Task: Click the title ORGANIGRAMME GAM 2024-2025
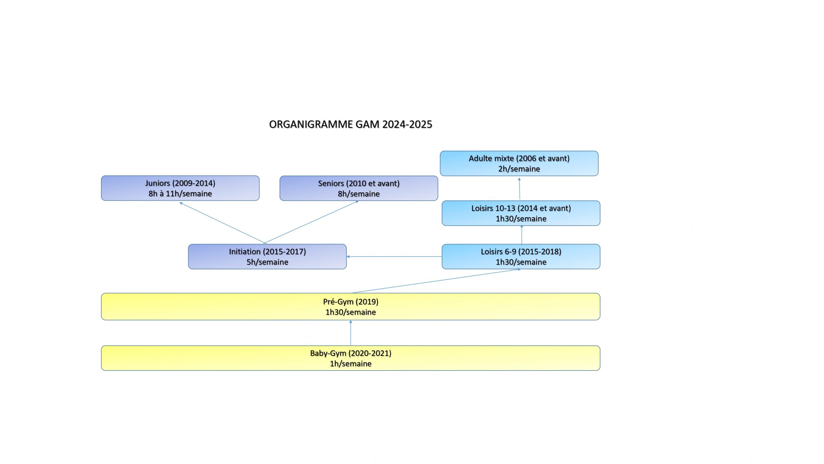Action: tap(351, 124)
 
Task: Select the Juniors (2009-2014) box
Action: tap(180, 188)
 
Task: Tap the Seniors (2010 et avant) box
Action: tap(359, 188)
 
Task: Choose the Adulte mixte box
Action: tap(519, 163)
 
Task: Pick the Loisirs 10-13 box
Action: tap(521, 213)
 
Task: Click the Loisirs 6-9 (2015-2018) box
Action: tap(521, 256)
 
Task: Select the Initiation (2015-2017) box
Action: tap(267, 256)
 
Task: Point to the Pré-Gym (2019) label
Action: tap(351, 302)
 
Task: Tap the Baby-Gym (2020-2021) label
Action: tap(351, 353)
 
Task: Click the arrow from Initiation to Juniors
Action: tap(222, 223)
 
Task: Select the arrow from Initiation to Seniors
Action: tap(312, 222)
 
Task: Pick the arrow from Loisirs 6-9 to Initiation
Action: tap(394, 256)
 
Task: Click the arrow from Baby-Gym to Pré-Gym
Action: tap(351, 333)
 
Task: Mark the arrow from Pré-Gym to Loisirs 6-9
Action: tap(436, 281)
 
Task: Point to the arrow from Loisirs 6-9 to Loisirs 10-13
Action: tap(522, 235)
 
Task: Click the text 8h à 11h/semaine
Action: tap(180, 194)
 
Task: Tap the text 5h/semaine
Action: tap(267, 262)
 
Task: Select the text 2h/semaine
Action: tap(519, 169)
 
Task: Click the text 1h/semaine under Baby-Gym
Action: tap(351, 364)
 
